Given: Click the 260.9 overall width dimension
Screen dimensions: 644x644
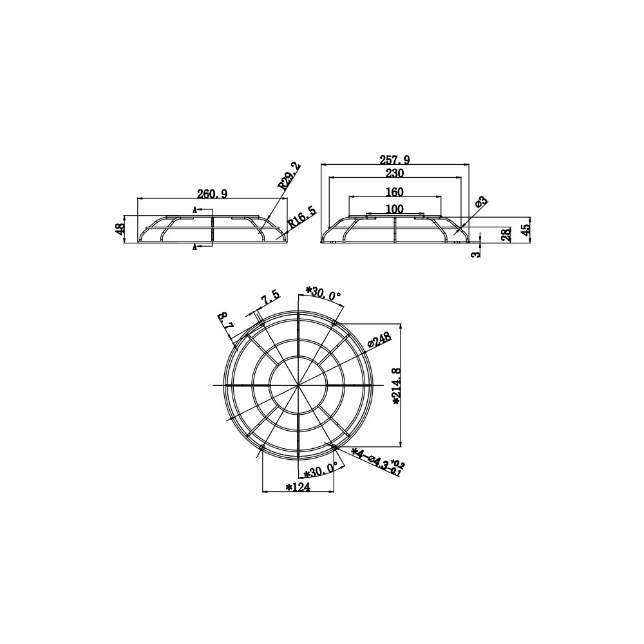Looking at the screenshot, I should point(212,194).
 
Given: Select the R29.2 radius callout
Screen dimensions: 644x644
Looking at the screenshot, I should point(290,175).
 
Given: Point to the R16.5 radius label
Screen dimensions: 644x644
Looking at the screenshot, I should point(302,218).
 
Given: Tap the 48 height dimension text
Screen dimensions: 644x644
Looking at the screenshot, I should point(120,230).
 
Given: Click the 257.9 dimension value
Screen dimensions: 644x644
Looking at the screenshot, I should point(393,159).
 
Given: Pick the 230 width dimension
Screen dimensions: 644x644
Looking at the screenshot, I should point(394,173).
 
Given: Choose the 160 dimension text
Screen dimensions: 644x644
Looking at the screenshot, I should point(394,192).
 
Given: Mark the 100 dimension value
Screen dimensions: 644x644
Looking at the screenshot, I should point(394,209).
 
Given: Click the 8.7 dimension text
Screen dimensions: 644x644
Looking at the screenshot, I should point(225,321).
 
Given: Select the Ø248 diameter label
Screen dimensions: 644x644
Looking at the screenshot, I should point(380,340).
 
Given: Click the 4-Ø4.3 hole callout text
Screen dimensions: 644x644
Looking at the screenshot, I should point(379,461).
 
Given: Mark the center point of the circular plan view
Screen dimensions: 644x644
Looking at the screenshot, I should point(298,385).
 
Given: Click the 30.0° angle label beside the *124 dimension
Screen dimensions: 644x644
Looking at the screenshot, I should point(321,471).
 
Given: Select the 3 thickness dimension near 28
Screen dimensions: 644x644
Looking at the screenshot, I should point(475,254).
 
